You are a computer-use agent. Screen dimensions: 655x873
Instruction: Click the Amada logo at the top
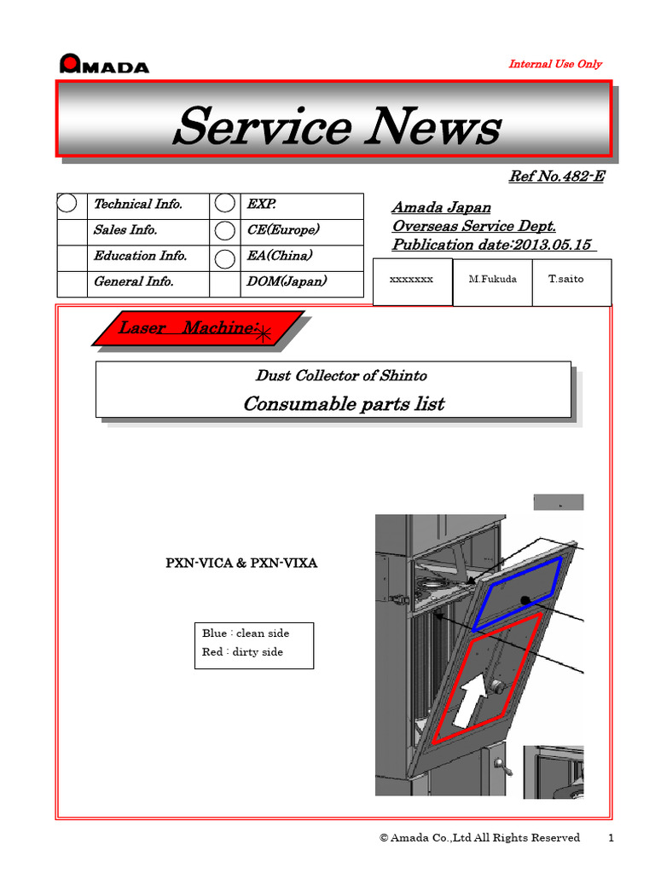pos(104,65)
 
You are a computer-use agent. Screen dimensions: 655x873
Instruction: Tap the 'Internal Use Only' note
pos(554,64)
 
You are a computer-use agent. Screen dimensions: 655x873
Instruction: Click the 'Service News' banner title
pos(336,127)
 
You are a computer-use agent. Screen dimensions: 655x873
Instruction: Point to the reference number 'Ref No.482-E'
pos(556,176)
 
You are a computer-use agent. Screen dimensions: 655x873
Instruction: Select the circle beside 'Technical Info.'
pos(68,204)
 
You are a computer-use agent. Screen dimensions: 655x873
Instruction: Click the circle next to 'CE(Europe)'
pos(224,230)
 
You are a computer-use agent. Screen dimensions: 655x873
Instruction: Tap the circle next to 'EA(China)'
pos(224,257)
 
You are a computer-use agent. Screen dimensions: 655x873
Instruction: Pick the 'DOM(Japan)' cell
pos(286,281)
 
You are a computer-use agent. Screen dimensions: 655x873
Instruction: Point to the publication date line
pos(492,245)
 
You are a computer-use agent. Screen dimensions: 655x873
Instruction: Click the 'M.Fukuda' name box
pos(491,279)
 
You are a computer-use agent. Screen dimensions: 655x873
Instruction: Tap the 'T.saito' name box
pos(571,279)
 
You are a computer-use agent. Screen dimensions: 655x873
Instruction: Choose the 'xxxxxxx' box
pos(412,279)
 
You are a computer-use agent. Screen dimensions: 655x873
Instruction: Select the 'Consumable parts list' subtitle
pos(343,403)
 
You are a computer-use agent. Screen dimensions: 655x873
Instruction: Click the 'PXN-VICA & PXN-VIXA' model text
pos(241,564)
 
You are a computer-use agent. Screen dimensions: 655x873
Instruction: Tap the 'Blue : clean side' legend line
pos(246,633)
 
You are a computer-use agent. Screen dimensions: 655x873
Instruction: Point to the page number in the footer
pos(611,838)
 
